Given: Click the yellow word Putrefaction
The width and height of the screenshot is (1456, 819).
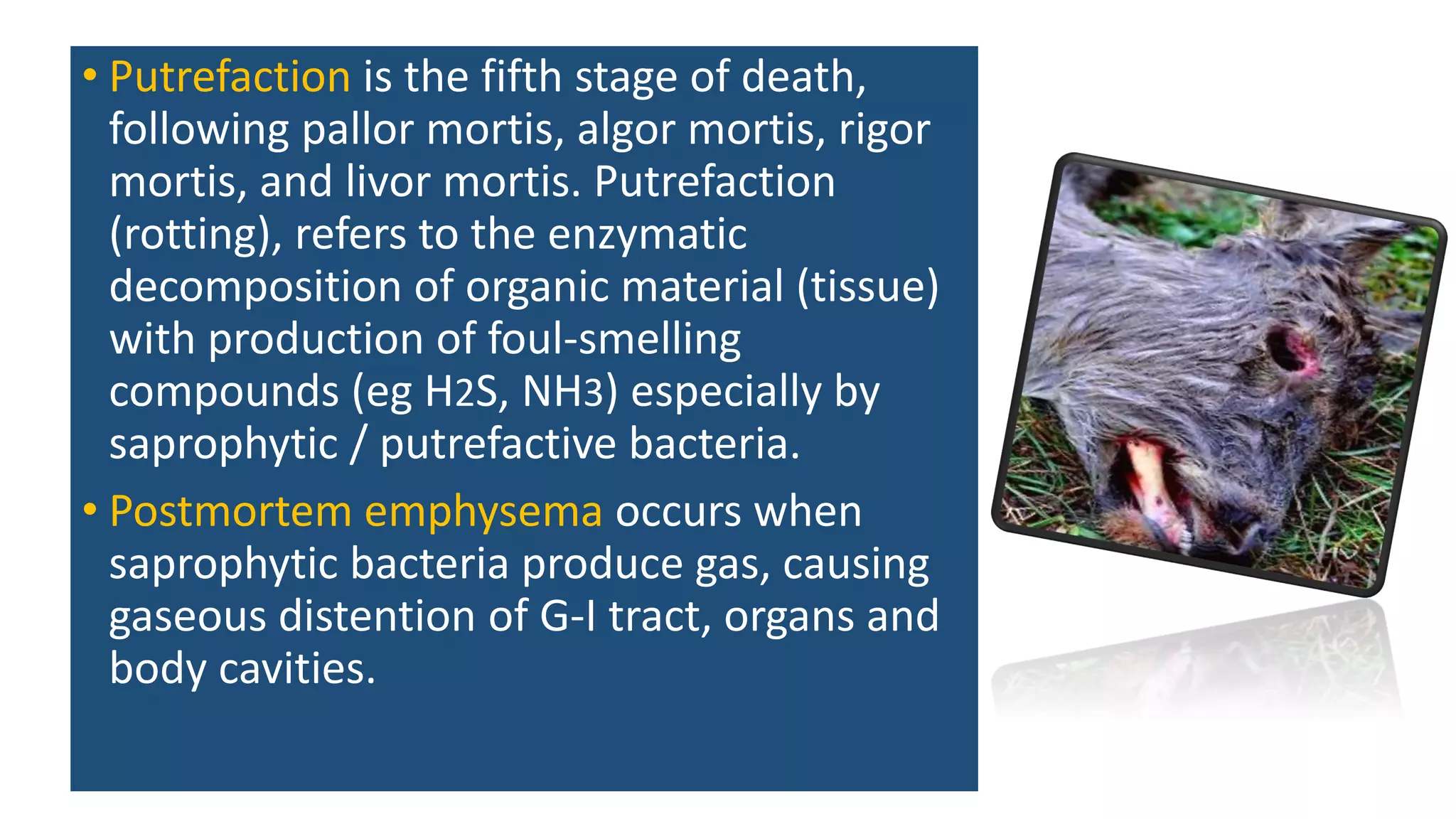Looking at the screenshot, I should tap(230, 77).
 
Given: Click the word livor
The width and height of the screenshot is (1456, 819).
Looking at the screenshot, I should tap(387, 182).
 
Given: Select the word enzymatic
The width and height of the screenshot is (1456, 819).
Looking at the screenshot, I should tap(647, 235).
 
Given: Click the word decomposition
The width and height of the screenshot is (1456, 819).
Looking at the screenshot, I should tap(255, 287).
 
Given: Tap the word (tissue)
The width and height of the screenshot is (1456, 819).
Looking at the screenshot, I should tap(867, 287).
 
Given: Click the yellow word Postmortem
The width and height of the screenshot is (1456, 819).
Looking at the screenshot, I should tap(230, 512).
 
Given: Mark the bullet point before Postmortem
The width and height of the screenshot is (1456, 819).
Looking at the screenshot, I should tap(89, 510).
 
